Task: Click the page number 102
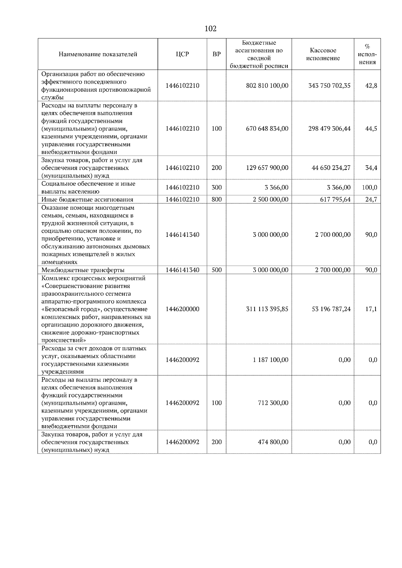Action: (x=210, y=29)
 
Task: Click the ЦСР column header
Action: (x=182, y=54)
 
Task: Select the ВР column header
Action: (x=216, y=54)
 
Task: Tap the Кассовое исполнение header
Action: (x=323, y=54)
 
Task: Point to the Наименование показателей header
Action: (x=98, y=54)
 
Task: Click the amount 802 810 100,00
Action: (x=267, y=86)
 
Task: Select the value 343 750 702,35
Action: (x=329, y=86)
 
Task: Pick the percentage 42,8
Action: (x=371, y=86)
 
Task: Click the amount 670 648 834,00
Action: (x=267, y=129)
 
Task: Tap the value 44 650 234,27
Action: (x=331, y=168)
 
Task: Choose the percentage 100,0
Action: (x=370, y=188)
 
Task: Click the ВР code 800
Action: (x=216, y=200)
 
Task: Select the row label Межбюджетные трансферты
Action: (x=83, y=270)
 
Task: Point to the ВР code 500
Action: (x=216, y=270)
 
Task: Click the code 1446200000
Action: (x=182, y=309)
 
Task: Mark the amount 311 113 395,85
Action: (x=267, y=309)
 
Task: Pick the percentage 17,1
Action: (x=371, y=309)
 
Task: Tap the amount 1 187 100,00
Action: (x=270, y=360)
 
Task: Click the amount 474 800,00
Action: (x=273, y=442)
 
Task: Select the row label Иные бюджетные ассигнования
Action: (x=87, y=200)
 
